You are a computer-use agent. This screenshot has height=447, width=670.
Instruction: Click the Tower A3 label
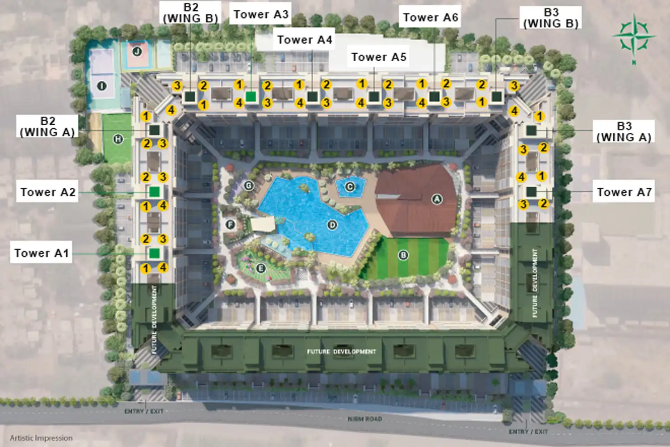tap(261, 15)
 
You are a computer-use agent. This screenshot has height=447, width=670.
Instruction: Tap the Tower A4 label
tap(305, 40)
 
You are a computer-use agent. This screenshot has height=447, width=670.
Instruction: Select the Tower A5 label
tap(378, 57)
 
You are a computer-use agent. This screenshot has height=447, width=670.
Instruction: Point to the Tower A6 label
tap(430, 17)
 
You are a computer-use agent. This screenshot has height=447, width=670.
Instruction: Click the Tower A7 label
tap(624, 192)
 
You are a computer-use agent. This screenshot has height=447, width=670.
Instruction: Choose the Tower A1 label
tap(42, 253)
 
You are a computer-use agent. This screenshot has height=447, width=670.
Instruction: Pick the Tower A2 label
tap(48, 192)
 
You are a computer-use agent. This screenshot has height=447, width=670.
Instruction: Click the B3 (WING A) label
tap(624, 132)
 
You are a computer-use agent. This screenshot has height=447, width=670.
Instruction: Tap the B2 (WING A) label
tap(47, 127)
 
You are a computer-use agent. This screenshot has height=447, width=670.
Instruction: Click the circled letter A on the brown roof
tap(437, 199)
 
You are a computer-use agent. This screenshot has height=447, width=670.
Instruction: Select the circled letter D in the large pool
tap(332, 224)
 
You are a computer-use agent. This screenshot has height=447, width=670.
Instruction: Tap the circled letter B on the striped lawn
tap(403, 255)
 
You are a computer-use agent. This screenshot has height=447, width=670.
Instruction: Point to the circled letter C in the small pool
tap(350, 187)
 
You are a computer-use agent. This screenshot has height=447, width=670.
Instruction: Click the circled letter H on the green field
tap(118, 139)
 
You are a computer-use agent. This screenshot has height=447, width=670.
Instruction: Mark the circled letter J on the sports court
tap(137, 51)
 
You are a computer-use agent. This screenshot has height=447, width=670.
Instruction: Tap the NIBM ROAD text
tap(365, 419)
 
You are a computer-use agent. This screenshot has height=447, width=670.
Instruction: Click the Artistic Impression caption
tap(41, 438)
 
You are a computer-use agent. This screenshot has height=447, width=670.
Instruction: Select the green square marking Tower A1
tap(154, 253)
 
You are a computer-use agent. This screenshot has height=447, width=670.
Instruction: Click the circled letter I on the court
tap(102, 86)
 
